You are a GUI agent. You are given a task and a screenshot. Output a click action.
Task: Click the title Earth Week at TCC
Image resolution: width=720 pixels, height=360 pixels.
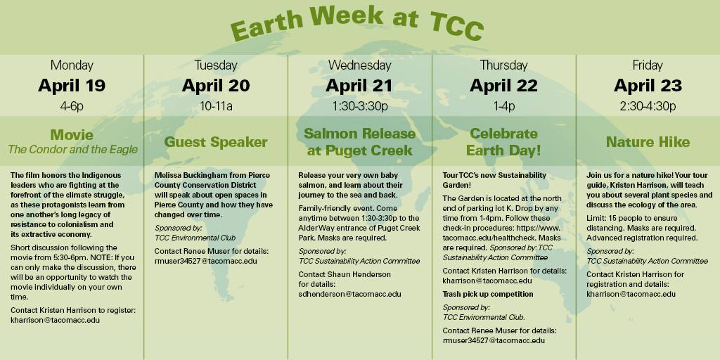pyautogui.click(x=357, y=23)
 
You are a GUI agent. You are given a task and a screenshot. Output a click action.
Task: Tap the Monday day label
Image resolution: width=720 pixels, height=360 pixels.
pyautogui.click(x=72, y=65)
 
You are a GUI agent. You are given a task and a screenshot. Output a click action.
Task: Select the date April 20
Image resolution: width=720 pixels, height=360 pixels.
pyautogui.click(x=216, y=85)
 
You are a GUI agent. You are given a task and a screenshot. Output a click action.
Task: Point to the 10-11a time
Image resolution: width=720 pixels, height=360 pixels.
pyautogui.click(x=216, y=107)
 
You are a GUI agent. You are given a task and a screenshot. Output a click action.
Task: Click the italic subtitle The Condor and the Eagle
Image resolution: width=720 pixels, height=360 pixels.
pyautogui.click(x=72, y=149)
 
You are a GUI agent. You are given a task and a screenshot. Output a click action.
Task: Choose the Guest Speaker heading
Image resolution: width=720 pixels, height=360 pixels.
pyautogui.click(x=216, y=142)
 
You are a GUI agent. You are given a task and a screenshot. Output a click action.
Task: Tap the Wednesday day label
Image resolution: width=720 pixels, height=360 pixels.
pyautogui.click(x=359, y=65)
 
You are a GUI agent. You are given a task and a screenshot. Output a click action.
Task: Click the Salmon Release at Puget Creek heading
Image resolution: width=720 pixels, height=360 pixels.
pyautogui.click(x=359, y=142)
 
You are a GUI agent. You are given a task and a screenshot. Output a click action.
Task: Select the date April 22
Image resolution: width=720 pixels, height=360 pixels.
pyautogui.click(x=503, y=85)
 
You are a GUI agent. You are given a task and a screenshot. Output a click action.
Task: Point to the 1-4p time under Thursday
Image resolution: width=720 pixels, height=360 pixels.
pyautogui.click(x=503, y=107)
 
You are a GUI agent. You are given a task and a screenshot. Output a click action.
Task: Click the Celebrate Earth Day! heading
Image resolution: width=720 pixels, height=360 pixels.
pyautogui.click(x=503, y=142)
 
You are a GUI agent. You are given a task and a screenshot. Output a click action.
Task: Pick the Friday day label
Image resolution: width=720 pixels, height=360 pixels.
pyautogui.click(x=648, y=65)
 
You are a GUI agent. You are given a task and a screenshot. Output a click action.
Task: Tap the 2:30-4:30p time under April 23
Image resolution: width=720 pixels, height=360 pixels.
pyautogui.click(x=648, y=107)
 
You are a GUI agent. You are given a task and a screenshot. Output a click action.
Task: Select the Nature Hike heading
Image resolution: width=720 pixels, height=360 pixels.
pyautogui.click(x=648, y=142)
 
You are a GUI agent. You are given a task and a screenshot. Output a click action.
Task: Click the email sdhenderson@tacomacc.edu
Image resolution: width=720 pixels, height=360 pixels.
pyautogui.click(x=350, y=294)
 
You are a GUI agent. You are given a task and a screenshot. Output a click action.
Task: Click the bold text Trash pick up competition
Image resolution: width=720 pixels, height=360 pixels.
pyautogui.click(x=488, y=294)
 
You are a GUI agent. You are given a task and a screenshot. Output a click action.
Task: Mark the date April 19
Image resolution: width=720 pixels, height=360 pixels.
pyautogui.click(x=72, y=85)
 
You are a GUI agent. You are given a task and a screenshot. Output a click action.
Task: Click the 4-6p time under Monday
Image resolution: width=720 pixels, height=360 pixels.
pyautogui.click(x=72, y=107)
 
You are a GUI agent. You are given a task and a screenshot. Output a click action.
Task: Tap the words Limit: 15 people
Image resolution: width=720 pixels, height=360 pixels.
pyautogui.click(x=615, y=218)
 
